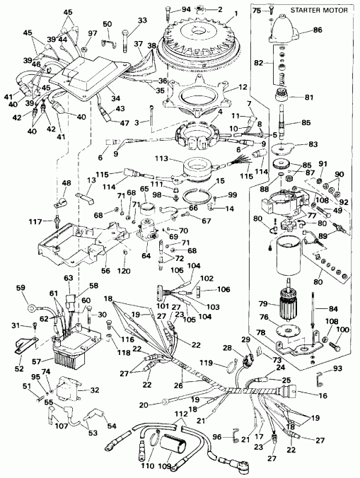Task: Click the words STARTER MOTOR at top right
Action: pos(315,10)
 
